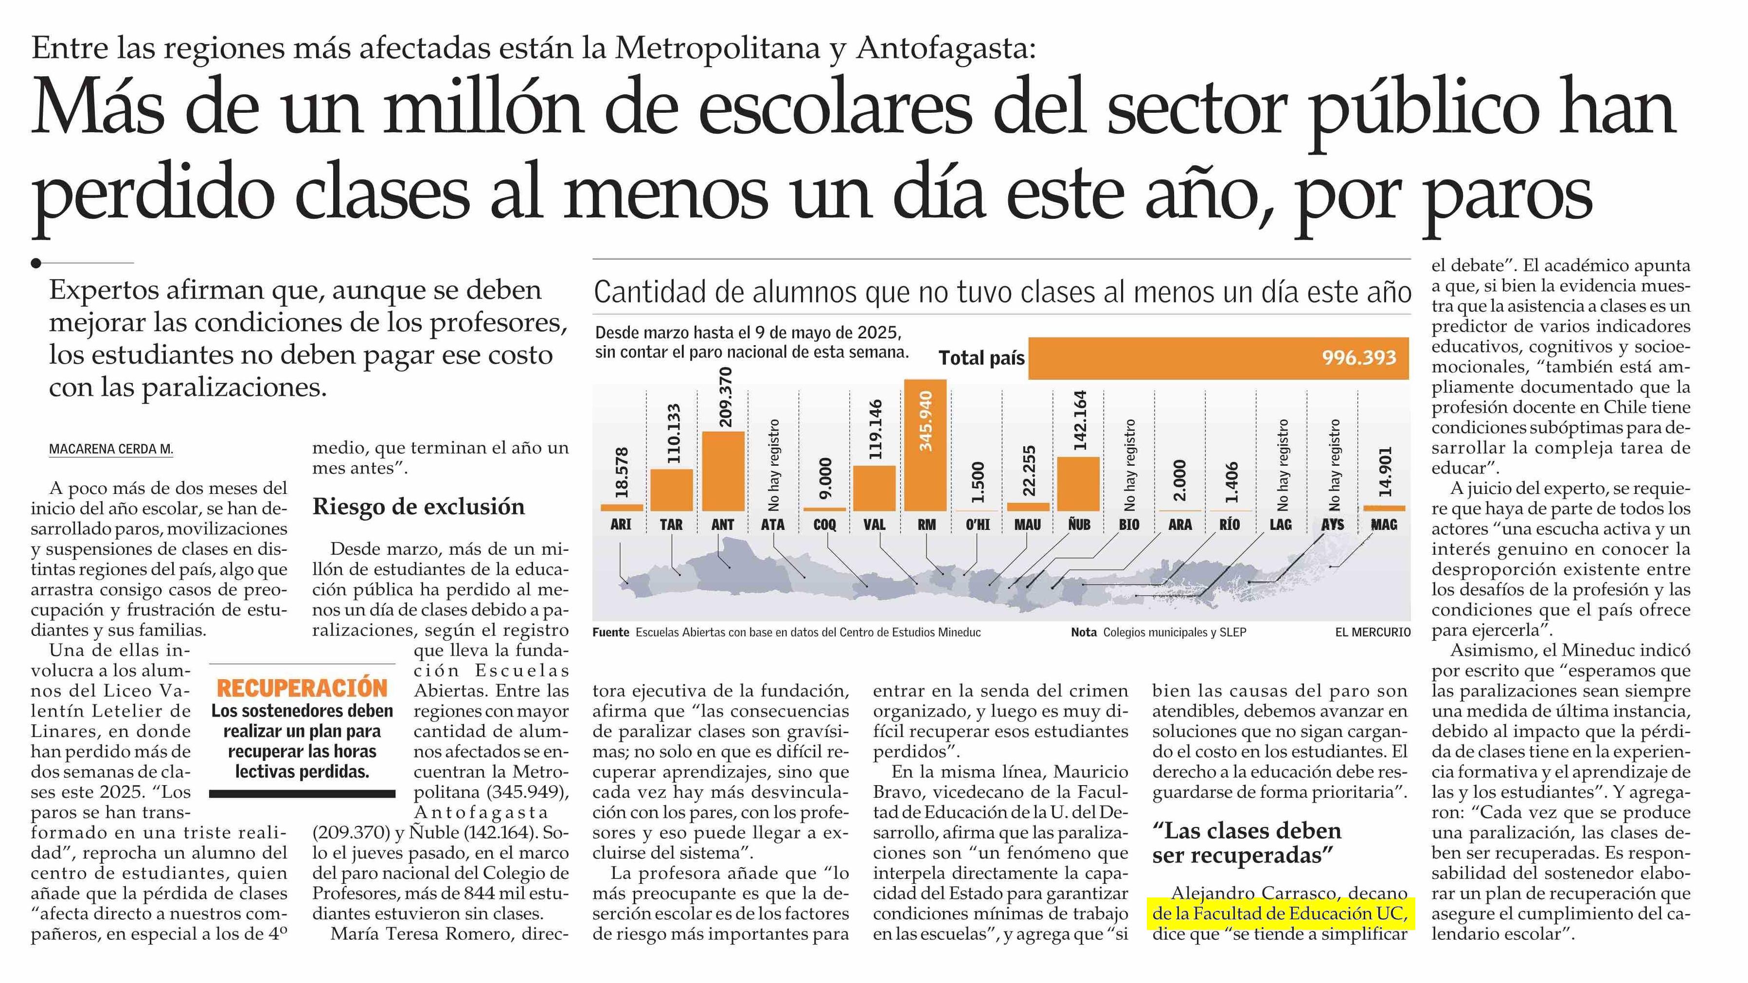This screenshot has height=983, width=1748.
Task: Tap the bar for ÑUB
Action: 1078,484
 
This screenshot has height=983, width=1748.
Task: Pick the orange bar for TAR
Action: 671,490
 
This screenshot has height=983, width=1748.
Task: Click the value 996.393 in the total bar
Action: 1358,357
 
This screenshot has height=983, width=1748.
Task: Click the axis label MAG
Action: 1384,525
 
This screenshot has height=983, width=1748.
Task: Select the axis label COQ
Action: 824,525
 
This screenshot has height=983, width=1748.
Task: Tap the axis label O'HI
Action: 977,525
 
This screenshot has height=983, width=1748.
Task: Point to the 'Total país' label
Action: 981,358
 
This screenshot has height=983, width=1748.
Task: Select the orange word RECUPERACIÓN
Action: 302,688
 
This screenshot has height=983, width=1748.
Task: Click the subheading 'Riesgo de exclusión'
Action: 418,507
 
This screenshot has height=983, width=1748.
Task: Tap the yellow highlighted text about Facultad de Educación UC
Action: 1279,914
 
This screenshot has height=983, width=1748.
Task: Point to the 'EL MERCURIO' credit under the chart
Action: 1373,632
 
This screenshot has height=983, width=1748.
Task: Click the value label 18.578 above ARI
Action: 621,473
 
